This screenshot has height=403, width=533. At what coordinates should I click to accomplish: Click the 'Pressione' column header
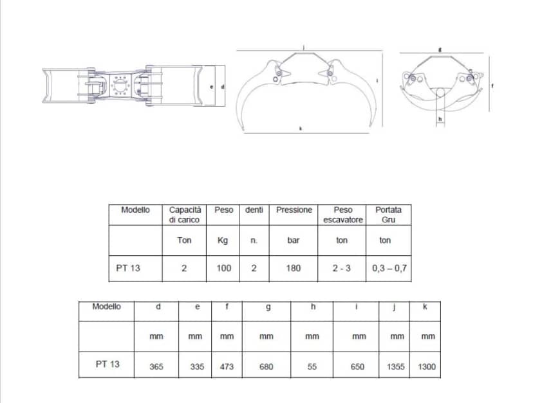pyautogui.click(x=294, y=210)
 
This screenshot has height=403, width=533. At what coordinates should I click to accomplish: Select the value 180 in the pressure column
pyautogui.click(x=294, y=268)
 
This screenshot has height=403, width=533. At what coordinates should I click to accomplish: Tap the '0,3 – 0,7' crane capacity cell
pyautogui.click(x=389, y=269)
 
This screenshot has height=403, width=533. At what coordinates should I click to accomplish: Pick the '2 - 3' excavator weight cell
pyautogui.click(x=342, y=268)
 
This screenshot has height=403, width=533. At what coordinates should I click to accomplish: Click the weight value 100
pyautogui.click(x=224, y=268)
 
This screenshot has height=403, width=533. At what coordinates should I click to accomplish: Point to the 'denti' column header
pyautogui.click(x=254, y=210)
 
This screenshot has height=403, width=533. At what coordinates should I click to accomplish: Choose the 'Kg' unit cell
pyautogui.click(x=223, y=240)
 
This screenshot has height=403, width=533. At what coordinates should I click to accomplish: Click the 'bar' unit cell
pyautogui.click(x=294, y=240)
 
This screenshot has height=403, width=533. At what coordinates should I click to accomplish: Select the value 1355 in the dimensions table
pyautogui.click(x=396, y=366)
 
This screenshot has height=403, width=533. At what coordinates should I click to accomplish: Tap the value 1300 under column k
pyautogui.click(x=427, y=366)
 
